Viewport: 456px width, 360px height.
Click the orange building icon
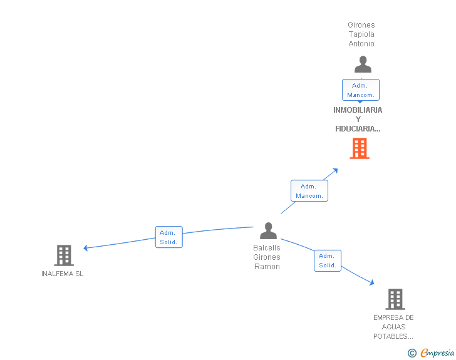[360, 148]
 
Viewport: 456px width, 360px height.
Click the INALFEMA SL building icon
[64, 255]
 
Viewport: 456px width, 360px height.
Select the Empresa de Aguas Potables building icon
[395, 299]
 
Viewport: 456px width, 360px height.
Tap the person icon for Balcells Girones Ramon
[268, 230]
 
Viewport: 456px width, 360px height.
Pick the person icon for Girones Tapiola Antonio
[363, 64]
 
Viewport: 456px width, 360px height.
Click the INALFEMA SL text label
[62, 274]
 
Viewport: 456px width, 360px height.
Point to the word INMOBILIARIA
[358, 110]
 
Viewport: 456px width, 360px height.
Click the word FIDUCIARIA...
[358, 129]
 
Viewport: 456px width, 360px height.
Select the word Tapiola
[361, 34]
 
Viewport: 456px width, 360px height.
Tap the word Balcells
[267, 248]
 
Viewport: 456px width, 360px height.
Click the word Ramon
[267, 267]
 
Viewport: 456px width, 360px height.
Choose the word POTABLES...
[393, 336]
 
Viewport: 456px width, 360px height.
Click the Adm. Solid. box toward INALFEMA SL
[168, 237]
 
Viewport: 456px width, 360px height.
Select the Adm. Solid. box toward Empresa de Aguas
[328, 260]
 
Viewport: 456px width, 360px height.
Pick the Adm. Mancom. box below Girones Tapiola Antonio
[361, 90]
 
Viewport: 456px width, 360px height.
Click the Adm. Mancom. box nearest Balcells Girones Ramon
[309, 191]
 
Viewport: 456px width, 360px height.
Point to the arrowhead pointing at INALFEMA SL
[85, 248]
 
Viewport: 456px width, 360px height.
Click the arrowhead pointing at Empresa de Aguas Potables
[371, 282]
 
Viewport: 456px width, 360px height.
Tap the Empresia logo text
[437, 352]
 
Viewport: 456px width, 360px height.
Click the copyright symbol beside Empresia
[412, 353]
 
